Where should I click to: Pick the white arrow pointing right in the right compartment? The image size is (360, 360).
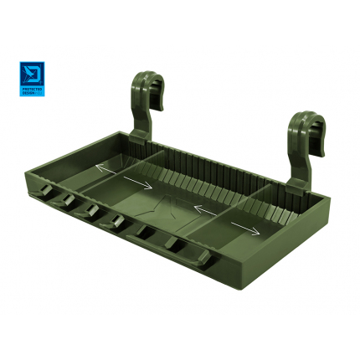click(244, 227)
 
